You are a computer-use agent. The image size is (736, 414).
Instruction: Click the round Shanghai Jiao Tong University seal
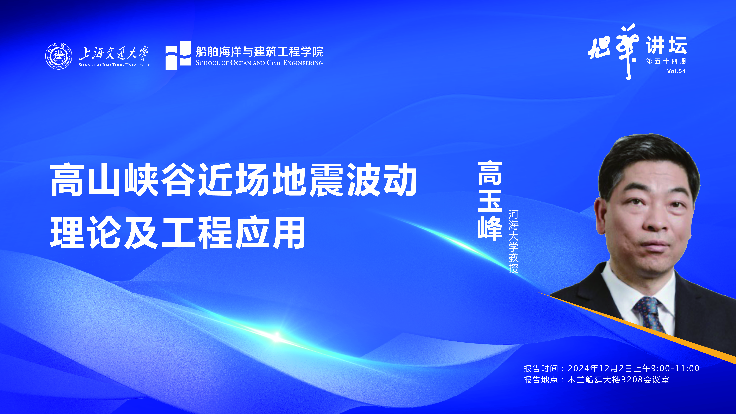[59, 56]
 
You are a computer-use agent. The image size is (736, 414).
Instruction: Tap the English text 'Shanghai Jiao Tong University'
[114, 65]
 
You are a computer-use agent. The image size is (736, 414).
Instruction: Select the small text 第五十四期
[666, 61]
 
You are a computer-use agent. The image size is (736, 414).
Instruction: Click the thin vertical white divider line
[433, 206]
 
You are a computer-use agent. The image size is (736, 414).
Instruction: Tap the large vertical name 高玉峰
[490, 201]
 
